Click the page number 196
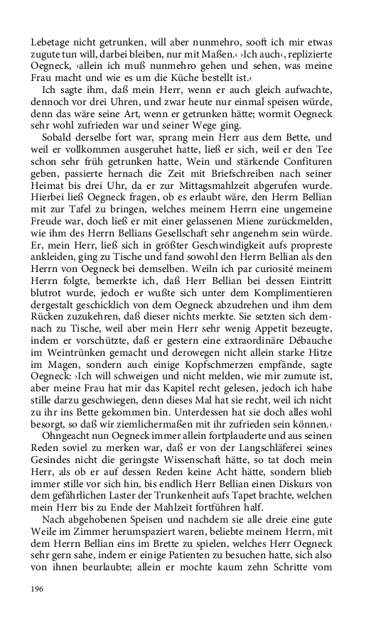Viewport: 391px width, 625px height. (37, 589)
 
